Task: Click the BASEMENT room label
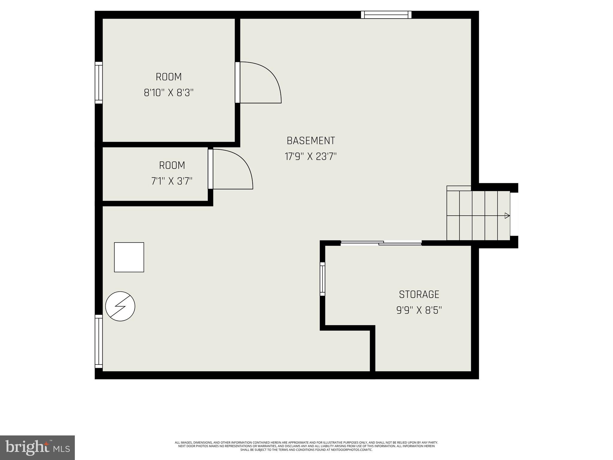click(x=311, y=141)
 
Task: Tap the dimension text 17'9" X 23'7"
click(x=311, y=157)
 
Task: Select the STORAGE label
click(x=419, y=294)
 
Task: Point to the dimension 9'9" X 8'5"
click(x=419, y=310)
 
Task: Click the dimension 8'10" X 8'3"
click(x=169, y=93)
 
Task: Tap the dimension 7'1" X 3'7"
click(x=172, y=181)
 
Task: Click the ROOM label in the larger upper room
click(x=169, y=77)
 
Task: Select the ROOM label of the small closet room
click(x=172, y=165)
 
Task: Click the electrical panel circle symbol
click(x=120, y=306)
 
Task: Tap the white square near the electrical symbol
click(x=129, y=257)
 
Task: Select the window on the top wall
click(x=386, y=15)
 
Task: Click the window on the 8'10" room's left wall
click(x=99, y=83)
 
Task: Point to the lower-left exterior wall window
click(x=99, y=341)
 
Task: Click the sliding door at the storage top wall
click(x=381, y=243)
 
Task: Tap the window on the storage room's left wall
click(x=322, y=279)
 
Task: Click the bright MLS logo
click(x=37, y=447)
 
